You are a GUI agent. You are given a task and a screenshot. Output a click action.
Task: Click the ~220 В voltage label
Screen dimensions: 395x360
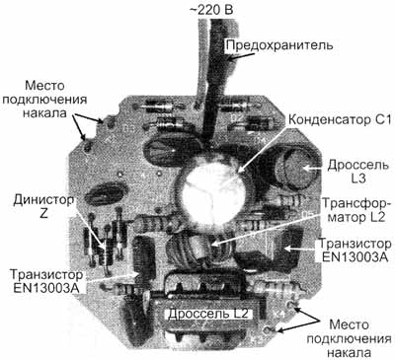(x=211, y=9)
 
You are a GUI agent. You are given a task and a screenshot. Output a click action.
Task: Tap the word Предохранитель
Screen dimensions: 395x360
(x=279, y=45)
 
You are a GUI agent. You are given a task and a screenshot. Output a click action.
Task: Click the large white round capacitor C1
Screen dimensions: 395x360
(x=211, y=190)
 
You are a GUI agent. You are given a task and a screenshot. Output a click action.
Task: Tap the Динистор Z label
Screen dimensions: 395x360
(x=43, y=206)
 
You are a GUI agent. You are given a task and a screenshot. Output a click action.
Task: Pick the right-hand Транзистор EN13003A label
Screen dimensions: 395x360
(x=354, y=251)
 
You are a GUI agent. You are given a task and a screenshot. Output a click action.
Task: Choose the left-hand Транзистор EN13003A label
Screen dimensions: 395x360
(x=46, y=281)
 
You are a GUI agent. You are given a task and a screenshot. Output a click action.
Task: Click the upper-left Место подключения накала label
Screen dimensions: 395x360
(x=44, y=100)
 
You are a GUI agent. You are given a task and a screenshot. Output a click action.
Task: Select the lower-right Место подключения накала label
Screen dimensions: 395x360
(x=349, y=339)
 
